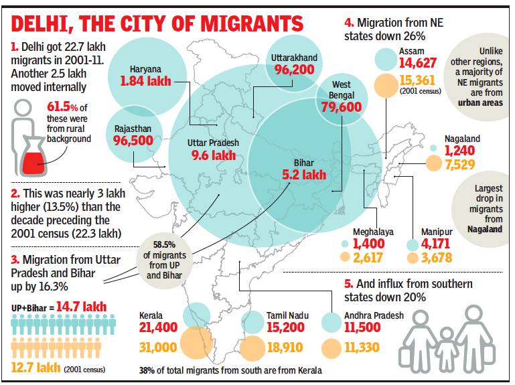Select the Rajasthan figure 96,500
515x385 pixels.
pos(134,141)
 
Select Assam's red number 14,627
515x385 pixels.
pos(418,64)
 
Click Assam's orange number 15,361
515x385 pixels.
pos(418,81)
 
